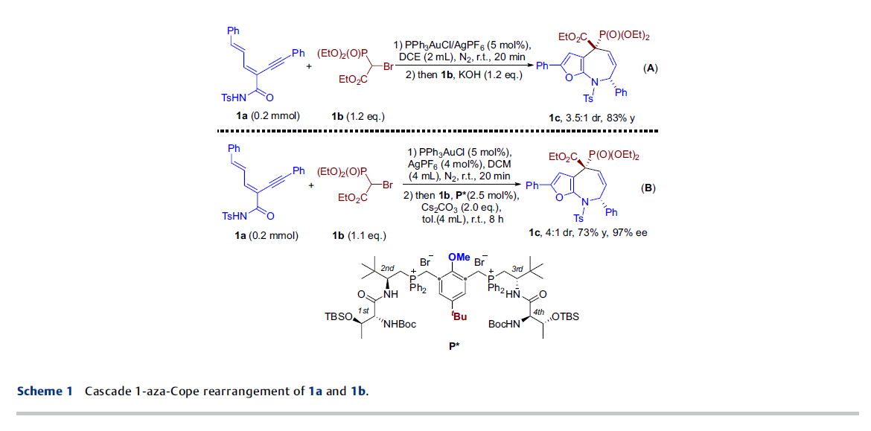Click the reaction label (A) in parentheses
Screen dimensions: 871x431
point(650,68)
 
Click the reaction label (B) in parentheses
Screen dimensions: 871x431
point(648,188)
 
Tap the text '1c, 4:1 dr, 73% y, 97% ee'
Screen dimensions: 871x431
point(587,233)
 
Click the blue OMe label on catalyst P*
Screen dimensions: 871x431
point(459,258)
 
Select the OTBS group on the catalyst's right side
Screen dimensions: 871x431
point(564,316)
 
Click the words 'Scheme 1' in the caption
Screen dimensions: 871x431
point(45,391)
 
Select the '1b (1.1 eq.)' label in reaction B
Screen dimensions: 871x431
point(359,235)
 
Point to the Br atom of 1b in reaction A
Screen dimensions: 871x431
point(388,67)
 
